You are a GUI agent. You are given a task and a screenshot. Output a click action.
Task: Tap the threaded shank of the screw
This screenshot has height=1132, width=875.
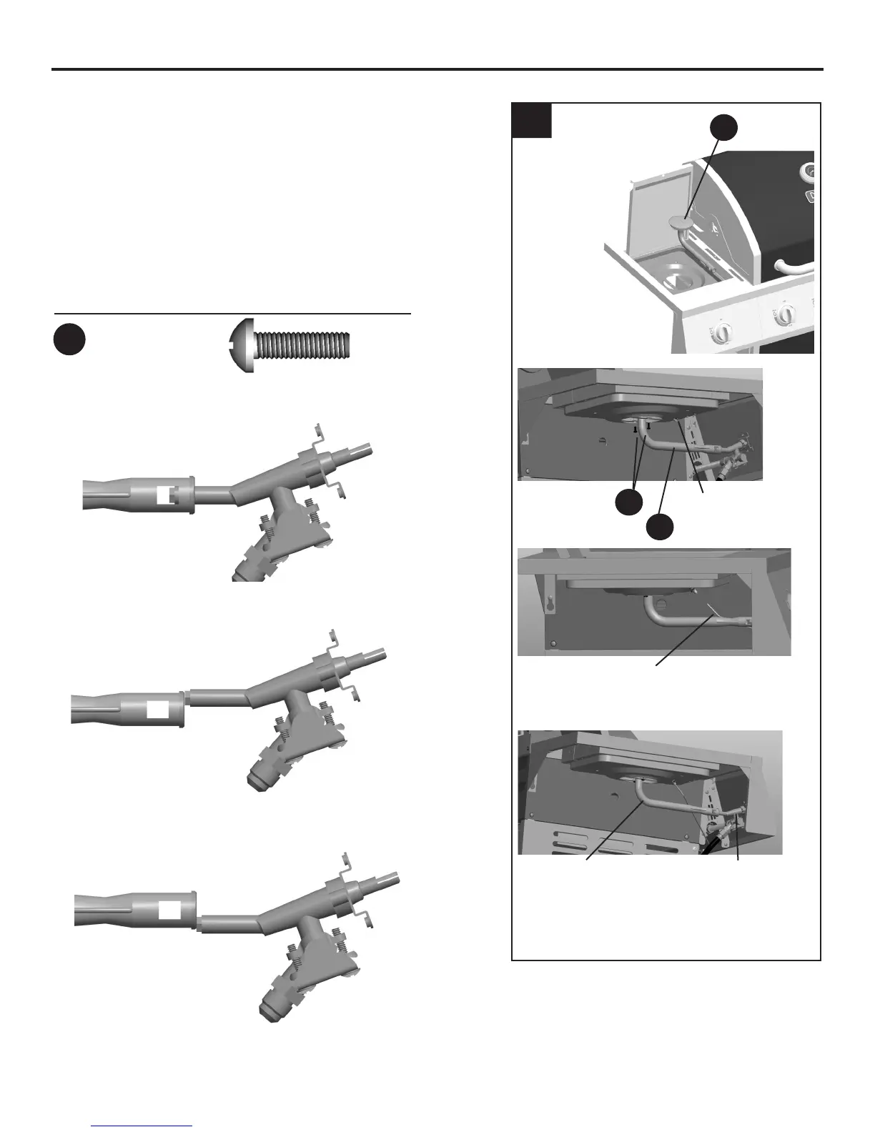pos(305,346)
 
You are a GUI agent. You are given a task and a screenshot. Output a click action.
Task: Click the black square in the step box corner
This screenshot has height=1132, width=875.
pos(532,120)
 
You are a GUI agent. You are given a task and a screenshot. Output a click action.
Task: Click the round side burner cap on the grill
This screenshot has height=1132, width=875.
pos(683,224)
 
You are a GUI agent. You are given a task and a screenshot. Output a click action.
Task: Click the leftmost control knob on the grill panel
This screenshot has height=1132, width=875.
pos(723,332)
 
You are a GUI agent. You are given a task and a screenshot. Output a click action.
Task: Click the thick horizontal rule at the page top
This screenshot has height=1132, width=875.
pos(437,70)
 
